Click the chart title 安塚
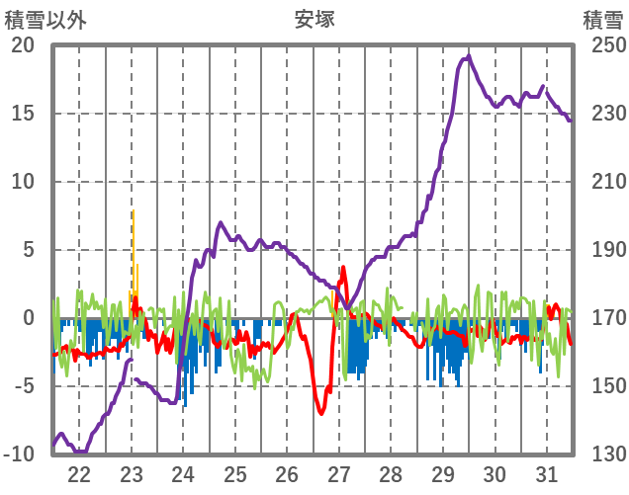coord(314,19)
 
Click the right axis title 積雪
coord(602,19)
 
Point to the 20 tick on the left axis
coord(22,45)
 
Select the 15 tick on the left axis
coord(22,114)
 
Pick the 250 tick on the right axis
coord(602,45)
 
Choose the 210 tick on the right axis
coord(602,182)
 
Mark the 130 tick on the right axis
coord(602,454)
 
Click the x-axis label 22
coord(79,473)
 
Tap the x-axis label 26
coord(287,473)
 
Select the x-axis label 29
coord(443,473)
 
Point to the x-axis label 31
coord(547,473)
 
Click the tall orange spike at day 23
coord(133,213)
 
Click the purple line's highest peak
coord(469,56)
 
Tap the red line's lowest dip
coord(320,412)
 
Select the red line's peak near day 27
coord(343,268)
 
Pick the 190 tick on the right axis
coord(602,250)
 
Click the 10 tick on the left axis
coord(22,182)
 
